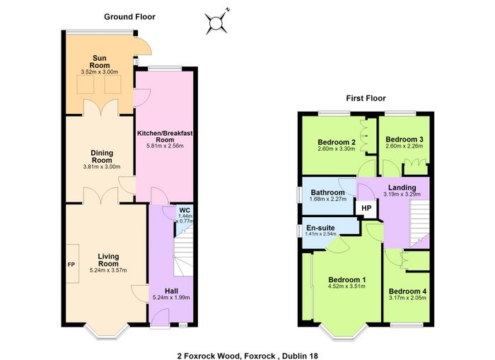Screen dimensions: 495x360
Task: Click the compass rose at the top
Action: click(216, 23)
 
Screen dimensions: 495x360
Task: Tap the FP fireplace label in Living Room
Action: click(71, 265)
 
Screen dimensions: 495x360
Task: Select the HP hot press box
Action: click(366, 209)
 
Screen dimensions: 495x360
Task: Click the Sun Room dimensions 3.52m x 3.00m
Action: click(100, 72)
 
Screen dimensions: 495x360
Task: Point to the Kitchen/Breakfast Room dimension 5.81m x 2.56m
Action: click(165, 146)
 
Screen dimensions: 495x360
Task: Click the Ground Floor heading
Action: click(129, 17)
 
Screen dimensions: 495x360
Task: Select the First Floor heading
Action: click(366, 98)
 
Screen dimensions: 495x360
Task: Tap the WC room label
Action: click(185, 210)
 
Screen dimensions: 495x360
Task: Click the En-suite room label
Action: click(320, 228)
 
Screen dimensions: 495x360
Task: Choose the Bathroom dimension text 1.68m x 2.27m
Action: click(328, 199)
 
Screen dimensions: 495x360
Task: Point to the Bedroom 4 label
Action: click(407, 291)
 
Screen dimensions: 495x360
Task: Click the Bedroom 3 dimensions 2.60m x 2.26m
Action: click(404, 146)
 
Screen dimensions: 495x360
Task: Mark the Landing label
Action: click(402, 188)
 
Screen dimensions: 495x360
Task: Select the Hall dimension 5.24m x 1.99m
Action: click(171, 298)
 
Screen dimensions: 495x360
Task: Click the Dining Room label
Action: click(102, 156)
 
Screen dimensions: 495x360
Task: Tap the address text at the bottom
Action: click(248, 356)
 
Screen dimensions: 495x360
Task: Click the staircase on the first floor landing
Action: click(419, 224)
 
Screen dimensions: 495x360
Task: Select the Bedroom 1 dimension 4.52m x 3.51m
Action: click(347, 286)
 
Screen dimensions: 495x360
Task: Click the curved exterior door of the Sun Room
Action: click(144, 46)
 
